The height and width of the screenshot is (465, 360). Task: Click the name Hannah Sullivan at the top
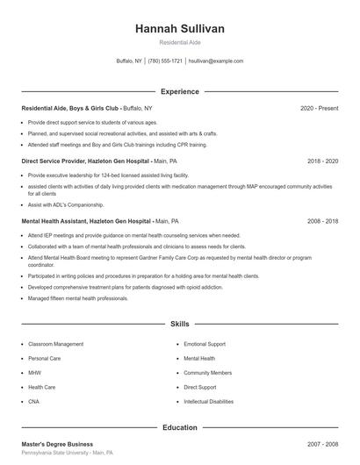(x=180, y=29)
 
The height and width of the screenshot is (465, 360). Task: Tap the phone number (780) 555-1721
(x=165, y=61)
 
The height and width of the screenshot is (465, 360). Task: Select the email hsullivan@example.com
(x=216, y=61)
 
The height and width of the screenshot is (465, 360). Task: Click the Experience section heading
(x=180, y=91)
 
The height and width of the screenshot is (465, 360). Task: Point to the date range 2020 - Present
(x=319, y=108)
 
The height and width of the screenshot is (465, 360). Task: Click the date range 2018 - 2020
(x=322, y=161)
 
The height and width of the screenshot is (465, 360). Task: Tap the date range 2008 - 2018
(x=322, y=221)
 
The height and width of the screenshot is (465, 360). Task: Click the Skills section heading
(x=180, y=324)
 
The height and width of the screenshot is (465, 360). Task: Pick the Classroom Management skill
(x=56, y=344)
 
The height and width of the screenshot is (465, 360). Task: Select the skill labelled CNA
(x=34, y=401)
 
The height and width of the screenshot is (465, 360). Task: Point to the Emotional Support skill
(x=205, y=344)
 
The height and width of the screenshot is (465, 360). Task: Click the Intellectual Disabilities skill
(x=209, y=401)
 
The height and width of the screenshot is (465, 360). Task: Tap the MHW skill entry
(x=35, y=372)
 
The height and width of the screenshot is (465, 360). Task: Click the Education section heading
(x=180, y=427)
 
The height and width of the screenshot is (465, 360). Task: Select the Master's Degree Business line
(x=57, y=444)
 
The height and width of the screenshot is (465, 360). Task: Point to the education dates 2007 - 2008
(x=322, y=444)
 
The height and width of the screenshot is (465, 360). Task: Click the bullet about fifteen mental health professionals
(x=77, y=298)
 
